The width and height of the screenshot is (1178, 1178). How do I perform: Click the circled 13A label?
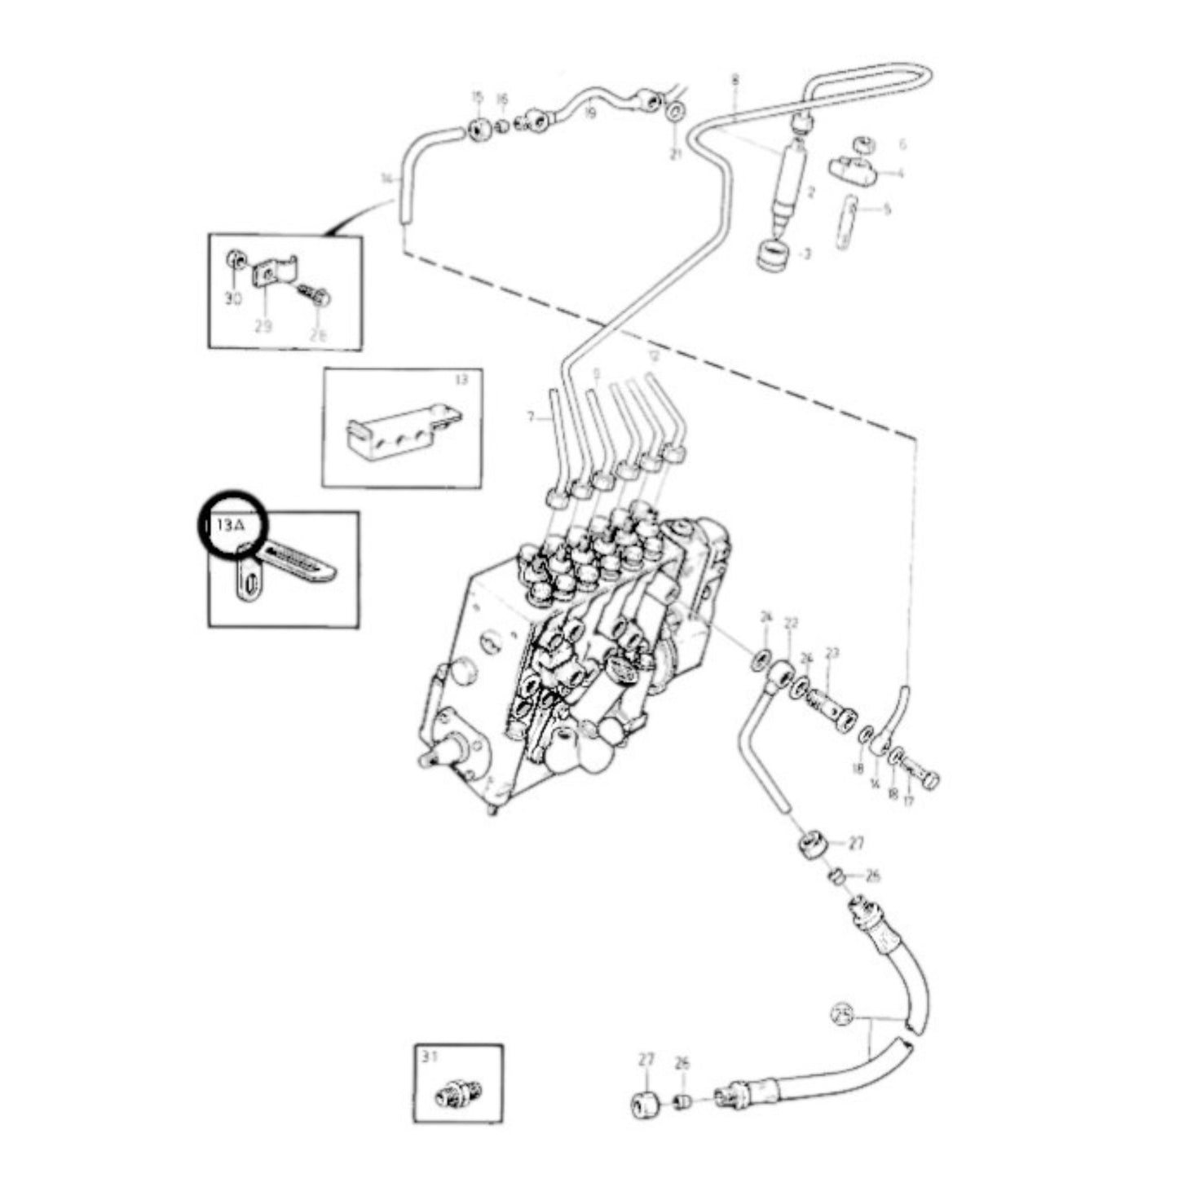pyautogui.click(x=227, y=526)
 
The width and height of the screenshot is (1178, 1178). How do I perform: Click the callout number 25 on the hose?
pyautogui.click(x=841, y=1015)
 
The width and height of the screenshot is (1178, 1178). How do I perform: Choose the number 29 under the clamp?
pyautogui.click(x=263, y=326)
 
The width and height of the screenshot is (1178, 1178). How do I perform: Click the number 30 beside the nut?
pyautogui.click(x=233, y=299)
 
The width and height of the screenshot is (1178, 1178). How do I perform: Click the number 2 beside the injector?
pyautogui.click(x=810, y=192)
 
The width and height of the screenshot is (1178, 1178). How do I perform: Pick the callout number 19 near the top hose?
pyautogui.click(x=589, y=113)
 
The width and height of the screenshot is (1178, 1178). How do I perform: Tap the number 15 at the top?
pyautogui.click(x=477, y=98)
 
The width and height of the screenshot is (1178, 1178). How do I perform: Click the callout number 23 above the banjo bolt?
pyautogui.click(x=832, y=652)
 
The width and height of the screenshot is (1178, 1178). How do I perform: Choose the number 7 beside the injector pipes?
pyautogui.click(x=531, y=417)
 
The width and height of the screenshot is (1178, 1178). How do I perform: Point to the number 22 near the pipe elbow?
pyautogui.click(x=790, y=624)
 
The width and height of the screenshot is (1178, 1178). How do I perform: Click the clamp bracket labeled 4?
pyautogui.click(x=853, y=170)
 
